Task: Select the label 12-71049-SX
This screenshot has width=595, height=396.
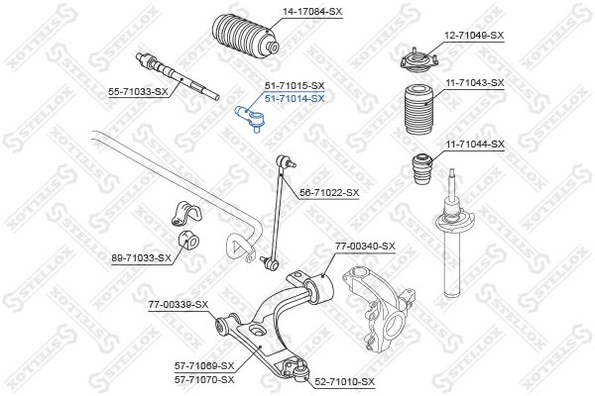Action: [x=474, y=36]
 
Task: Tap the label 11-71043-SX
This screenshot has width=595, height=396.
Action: [x=474, y=83]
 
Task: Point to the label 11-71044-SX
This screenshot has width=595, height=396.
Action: [x=474, y=145]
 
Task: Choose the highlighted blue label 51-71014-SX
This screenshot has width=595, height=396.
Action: [x=295, y=99]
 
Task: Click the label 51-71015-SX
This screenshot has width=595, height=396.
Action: [x=295, y=87]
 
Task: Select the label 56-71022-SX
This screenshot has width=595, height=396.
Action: [x=328, y=192]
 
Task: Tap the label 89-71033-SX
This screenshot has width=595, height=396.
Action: [x=141, y=257]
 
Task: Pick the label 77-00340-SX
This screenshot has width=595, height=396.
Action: [x=365, y=246]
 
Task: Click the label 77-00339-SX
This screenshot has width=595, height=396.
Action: [x=178, y=304]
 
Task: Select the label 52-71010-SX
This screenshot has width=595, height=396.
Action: [x=345, y=381]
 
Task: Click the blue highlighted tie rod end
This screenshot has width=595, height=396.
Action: [x=249, y=117]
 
